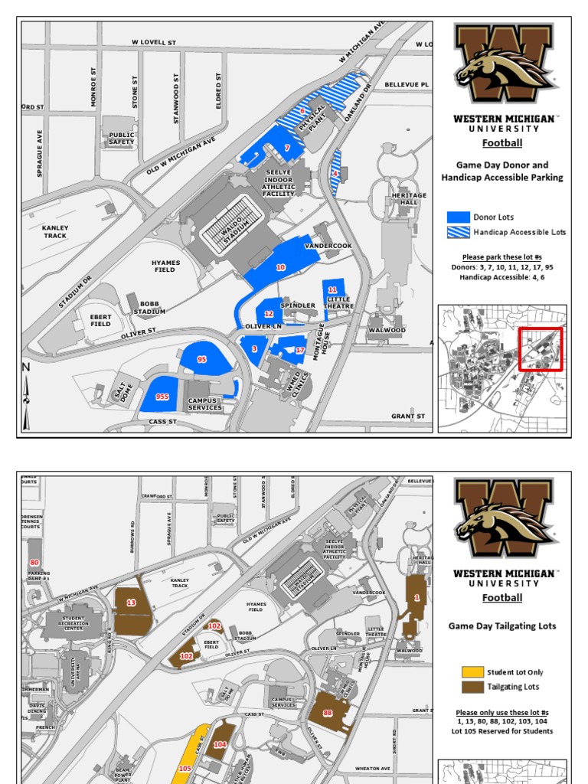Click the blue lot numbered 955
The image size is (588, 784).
[162, 396]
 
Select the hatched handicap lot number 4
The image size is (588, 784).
[335, 174]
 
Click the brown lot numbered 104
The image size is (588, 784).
[220, 743]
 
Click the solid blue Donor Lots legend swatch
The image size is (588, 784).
[458, 217]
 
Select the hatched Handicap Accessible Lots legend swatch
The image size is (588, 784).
[458, 231]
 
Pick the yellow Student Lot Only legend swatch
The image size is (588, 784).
[472, 672]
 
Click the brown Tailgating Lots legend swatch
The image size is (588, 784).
[472, 687]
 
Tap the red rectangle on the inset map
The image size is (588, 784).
[541, 349]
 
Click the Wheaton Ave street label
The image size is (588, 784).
[373, 768]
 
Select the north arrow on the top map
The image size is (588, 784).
[26, 394]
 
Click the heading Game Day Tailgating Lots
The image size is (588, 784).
[502, 626]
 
